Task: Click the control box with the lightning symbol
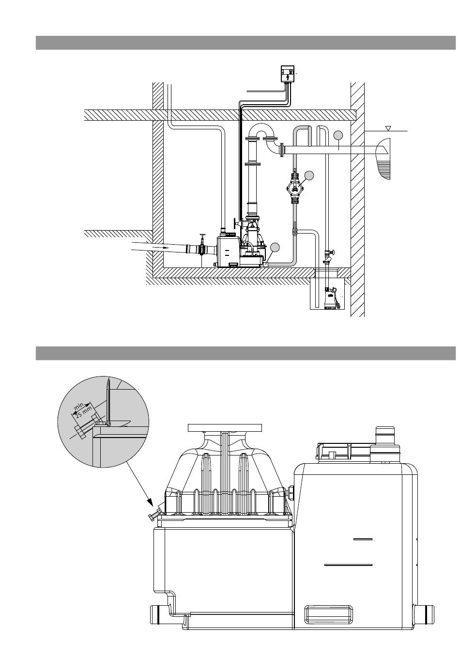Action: [x=288, y=73]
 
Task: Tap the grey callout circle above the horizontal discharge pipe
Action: [x=338, y=135]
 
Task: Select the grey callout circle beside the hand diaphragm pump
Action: [x=309, y=175]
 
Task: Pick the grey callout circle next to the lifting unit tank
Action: [x=275, y=248]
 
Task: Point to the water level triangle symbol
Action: [x=388, y=128]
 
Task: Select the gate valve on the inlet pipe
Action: [x=201, y=244]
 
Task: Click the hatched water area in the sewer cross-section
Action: [x=384, y=171]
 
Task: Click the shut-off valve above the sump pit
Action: [x=329, y=255]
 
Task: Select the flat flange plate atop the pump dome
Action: [x=225, y=428]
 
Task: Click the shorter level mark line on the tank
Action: [x=363, y=539]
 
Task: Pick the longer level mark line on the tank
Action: [x=348, y=565]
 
